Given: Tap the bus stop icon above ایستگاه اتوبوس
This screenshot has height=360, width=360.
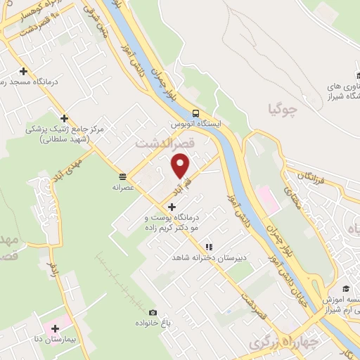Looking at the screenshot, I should [195, 113].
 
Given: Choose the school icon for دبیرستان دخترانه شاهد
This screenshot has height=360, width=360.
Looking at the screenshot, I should [209, 247].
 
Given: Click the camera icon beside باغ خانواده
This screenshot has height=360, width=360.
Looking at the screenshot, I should [153, 312].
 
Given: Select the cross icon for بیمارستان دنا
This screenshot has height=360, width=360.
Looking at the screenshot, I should [55, 328].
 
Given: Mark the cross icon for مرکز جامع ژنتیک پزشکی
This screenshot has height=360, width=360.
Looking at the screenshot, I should [64, 118].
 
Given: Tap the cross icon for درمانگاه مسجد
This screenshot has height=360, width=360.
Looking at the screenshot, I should [25, 71].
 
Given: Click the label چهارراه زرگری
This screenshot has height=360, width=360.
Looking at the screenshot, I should [280, 342].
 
